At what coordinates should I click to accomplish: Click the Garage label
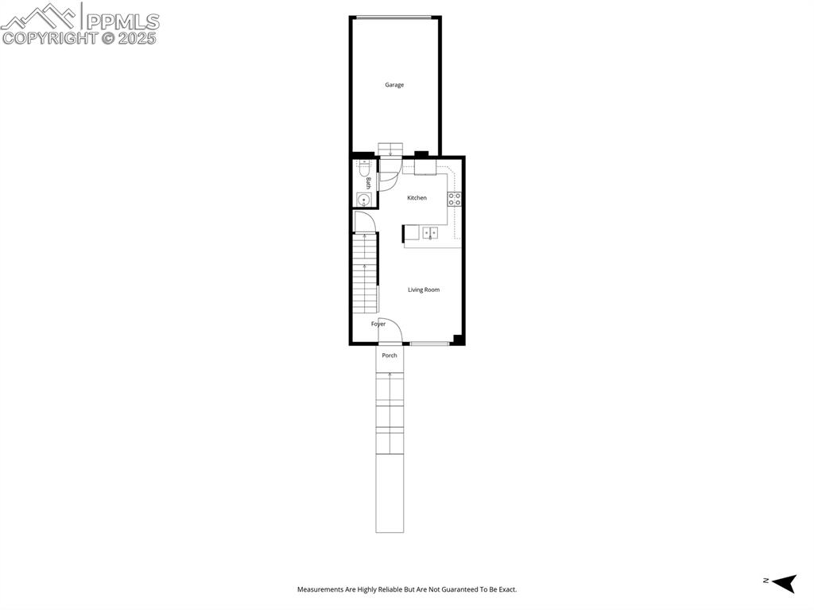point(394,85)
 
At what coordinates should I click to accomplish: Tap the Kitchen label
point(417,198)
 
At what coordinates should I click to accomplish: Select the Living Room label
point(424,289)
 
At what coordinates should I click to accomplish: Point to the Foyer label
point(378,324)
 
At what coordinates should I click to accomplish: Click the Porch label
point(390,356)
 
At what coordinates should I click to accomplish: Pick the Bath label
point(368,183)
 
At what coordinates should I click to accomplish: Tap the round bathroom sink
point(363,199)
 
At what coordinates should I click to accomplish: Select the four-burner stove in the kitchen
point(455,199)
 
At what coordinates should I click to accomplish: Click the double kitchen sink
point(430,233)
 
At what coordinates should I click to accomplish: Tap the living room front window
point(429,344)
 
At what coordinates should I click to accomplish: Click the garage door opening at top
point(393,17)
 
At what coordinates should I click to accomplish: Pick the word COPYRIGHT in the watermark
point(49,37)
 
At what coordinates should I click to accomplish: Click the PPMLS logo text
point(121,21)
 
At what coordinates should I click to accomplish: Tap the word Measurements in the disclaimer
point(320,589)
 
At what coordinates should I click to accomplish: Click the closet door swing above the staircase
point(363,222)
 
